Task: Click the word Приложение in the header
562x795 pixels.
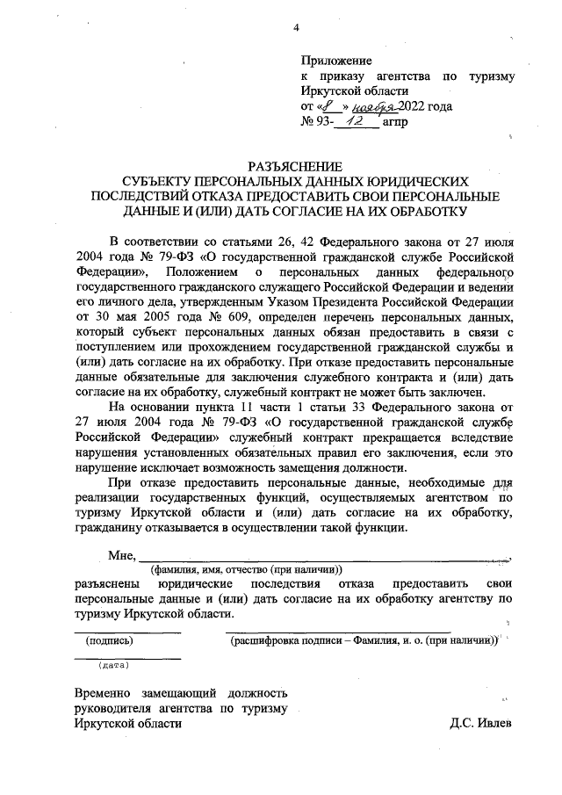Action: [336, 61]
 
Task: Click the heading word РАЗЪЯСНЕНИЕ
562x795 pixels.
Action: [295, 166]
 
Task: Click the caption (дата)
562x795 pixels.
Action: [115, 666]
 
